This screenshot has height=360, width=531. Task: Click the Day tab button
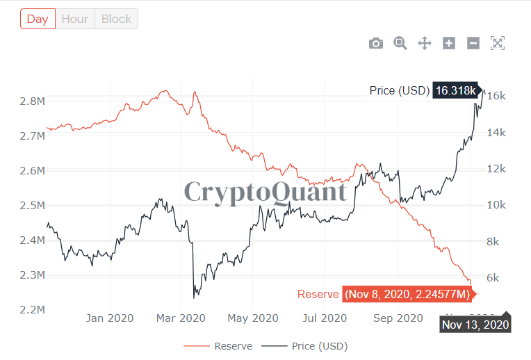pyautogui.click(x=38, y=19)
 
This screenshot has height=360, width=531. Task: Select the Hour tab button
pyautogui.click(x=74, y=19)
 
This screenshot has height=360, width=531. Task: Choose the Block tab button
pyautogui.click(x=116, y=19)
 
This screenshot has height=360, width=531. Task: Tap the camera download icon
pyautogui.click(x=376, y=43)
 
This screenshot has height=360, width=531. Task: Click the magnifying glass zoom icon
pyautogui.click(x=400, y=43)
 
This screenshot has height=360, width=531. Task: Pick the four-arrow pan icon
pyautogui.click(x=425, y=43)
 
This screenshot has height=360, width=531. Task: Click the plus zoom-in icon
pyautogui.click(x=449, y=43)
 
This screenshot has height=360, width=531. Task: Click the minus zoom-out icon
pyautogui.click(x=473, y=43)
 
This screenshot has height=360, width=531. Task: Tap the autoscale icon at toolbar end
pyautogui.click(x=498, y=43)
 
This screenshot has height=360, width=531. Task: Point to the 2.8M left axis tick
pyautogui.click(x=33, y=101)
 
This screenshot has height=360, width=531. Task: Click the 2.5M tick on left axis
pyautogui.click(x=33, y=206)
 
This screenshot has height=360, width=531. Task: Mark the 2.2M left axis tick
pyautogui.click(x=33, y=310)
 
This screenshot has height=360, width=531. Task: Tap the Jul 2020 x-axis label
pyautogui.click(x=325, y=318)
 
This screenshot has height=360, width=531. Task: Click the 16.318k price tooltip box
pyautogui.click(x=456, y=90)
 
